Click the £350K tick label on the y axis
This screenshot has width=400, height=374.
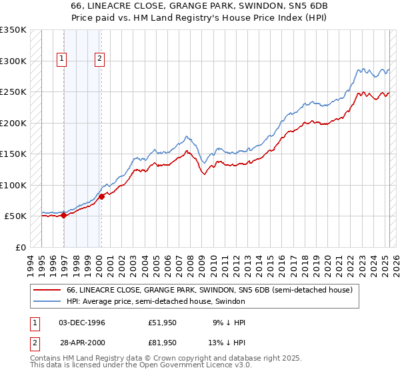13,30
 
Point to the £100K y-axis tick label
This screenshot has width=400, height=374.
13,185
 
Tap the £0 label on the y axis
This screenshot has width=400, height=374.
20,247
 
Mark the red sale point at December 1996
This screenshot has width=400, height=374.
63,215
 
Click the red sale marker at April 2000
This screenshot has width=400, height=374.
102,196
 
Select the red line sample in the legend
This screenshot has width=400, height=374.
47,291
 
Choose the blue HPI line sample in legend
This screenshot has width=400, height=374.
47,302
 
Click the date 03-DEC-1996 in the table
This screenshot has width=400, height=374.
82,323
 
